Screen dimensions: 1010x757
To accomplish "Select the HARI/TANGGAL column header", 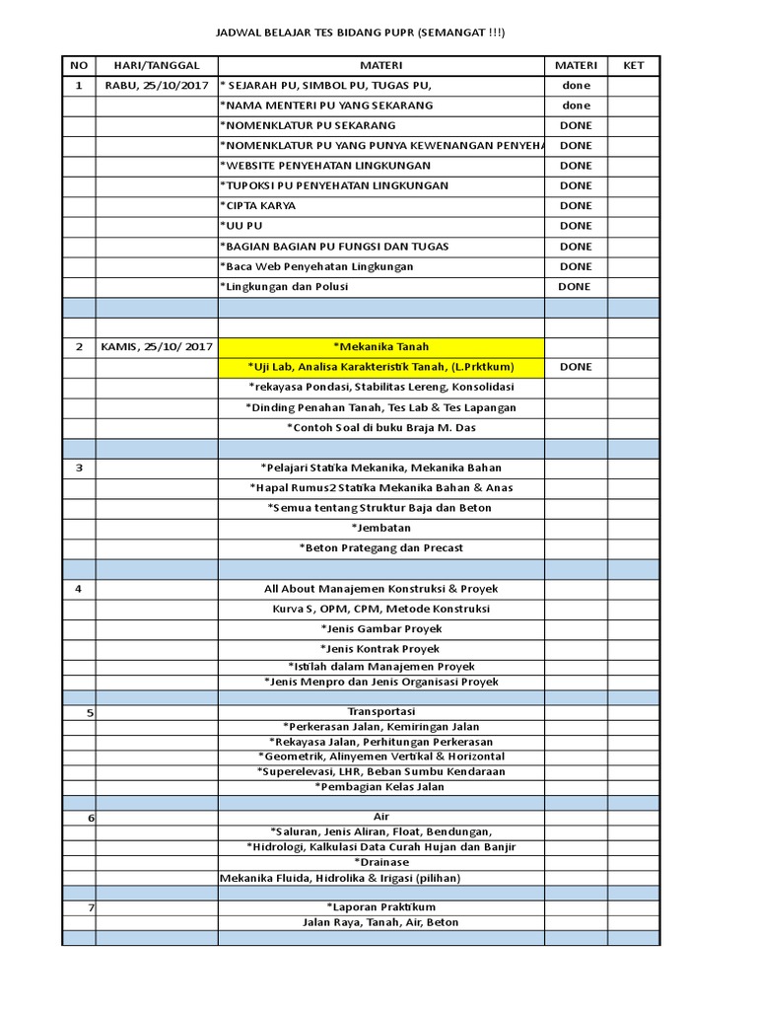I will pyautogui.click(x=157, y=65).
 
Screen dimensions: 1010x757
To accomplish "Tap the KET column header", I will pyautogui.click(x=633, y=65).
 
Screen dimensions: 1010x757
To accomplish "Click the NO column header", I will pyautogui.click(x=79, y=65).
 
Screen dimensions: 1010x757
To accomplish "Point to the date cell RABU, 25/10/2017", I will pyautogui.click(x=157, y=86).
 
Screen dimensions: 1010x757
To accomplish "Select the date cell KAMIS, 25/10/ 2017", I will pyautogui.click(x=157, y=346).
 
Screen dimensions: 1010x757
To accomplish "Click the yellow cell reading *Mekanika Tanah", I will pyautogui.click(x=380, y=346).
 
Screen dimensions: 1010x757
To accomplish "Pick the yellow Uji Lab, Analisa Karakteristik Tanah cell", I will pyautogui.click(x=380, y=367).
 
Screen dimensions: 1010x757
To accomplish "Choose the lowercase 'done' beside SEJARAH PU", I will pyautogui.click(x=576, y=86).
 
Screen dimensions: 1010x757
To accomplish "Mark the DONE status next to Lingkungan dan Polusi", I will pyautogui.click(x=575, y=287).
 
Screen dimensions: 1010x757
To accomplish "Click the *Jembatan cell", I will pyautogui.click(x=380, y=528).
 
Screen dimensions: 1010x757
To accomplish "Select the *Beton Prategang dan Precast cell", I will pyautogui.click(x=380, y=547).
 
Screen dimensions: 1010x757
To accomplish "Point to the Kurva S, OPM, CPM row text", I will pyautogui.click(x=380, y=609).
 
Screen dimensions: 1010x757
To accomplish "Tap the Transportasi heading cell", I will pyautogui.click(x=380, y=711).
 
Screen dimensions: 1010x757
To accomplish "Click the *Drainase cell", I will pyautogui.click(x=380, y=862).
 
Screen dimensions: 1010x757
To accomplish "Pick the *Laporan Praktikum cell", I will pyautogui.click(x=380, y=906).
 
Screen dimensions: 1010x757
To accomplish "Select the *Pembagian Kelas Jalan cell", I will pyautogui.click(x=380, y=787).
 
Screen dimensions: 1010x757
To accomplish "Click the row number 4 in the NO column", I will pyautogui.click(x=79, y=589).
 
